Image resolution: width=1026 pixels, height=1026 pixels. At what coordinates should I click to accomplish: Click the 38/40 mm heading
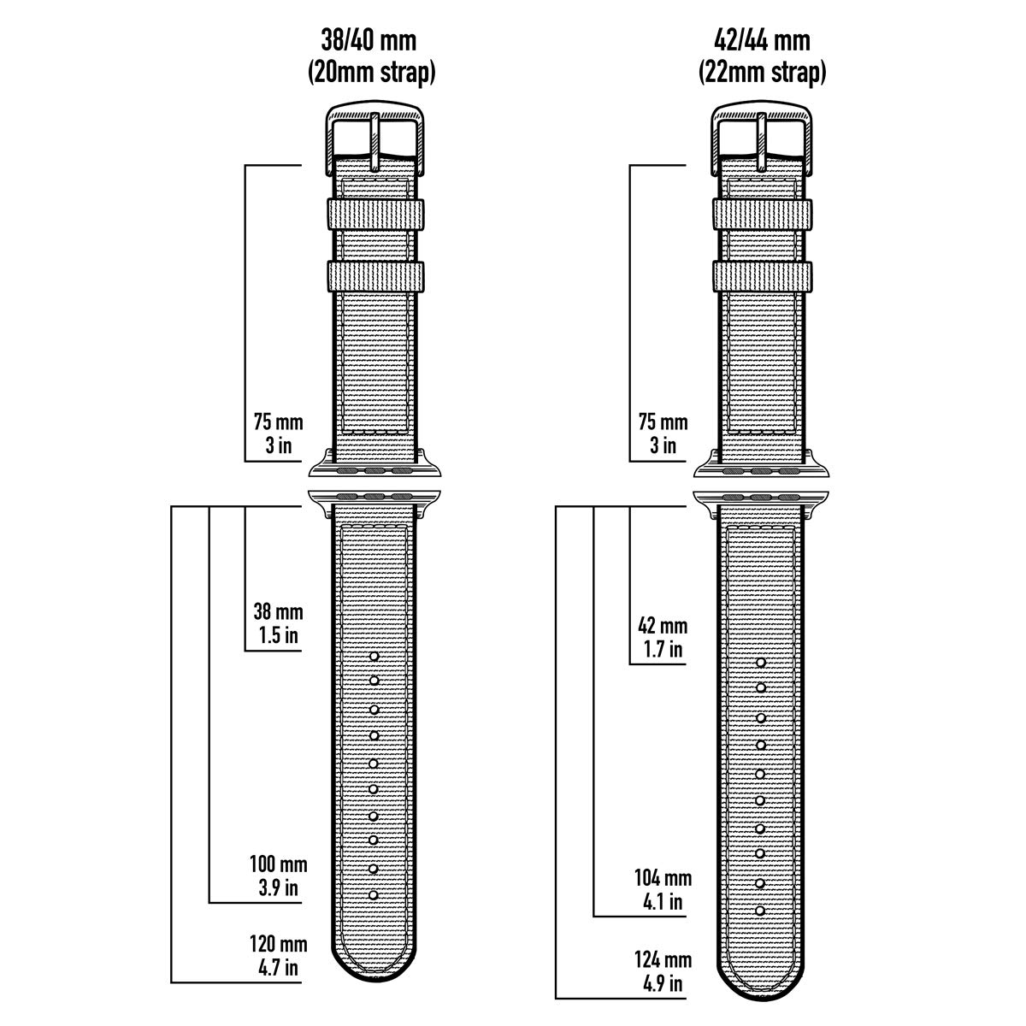tap(369, 40)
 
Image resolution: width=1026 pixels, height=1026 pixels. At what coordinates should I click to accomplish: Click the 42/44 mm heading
tap(762, 40)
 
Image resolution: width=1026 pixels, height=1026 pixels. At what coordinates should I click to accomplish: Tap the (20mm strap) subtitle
tap(372, 73)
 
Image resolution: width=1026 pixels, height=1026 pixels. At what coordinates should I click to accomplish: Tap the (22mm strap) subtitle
tap(762, 73)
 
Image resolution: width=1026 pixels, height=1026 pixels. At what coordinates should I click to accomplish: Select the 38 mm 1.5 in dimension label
tap(279, 623)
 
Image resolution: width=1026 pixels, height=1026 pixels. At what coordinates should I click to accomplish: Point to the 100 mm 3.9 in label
tap(279, 876)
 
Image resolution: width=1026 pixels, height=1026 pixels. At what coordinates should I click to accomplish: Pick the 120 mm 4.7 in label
tap(279, 956)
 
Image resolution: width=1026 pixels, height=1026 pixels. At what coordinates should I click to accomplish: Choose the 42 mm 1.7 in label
tap(663, 637)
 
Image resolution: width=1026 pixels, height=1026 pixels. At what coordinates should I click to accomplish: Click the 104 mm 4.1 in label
tap(663, 890)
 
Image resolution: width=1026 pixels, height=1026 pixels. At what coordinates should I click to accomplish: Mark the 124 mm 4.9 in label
tap(663, 971)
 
